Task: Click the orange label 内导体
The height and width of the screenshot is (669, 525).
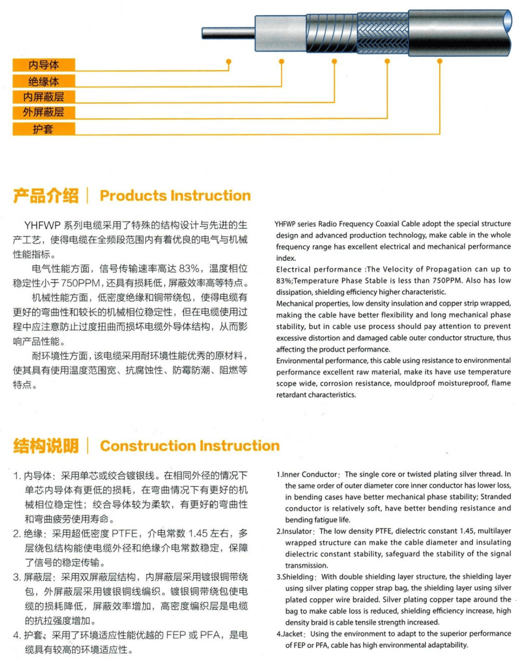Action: (44, 65)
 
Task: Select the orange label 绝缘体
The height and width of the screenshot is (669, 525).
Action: (44, 81)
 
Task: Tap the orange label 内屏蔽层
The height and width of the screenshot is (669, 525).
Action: (44, 97)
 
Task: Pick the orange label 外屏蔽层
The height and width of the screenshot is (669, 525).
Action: (44, 112)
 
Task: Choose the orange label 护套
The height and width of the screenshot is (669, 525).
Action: (44, 129)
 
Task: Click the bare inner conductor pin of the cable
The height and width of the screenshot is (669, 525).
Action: (228, 33)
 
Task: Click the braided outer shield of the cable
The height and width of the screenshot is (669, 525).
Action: (382, 33)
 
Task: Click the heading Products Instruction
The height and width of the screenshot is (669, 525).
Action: (175, 195)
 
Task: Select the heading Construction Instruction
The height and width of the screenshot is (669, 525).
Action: (190, 446)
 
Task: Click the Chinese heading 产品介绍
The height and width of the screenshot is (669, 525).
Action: (46, 195)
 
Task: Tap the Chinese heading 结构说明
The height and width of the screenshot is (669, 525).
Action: (46, 446)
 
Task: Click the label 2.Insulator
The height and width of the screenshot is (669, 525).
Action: (295, 531)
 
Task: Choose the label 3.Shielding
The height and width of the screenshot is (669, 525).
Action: (296, 577)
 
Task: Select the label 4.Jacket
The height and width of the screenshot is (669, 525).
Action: (291, 634)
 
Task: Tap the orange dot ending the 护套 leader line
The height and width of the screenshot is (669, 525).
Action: (440, 61)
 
